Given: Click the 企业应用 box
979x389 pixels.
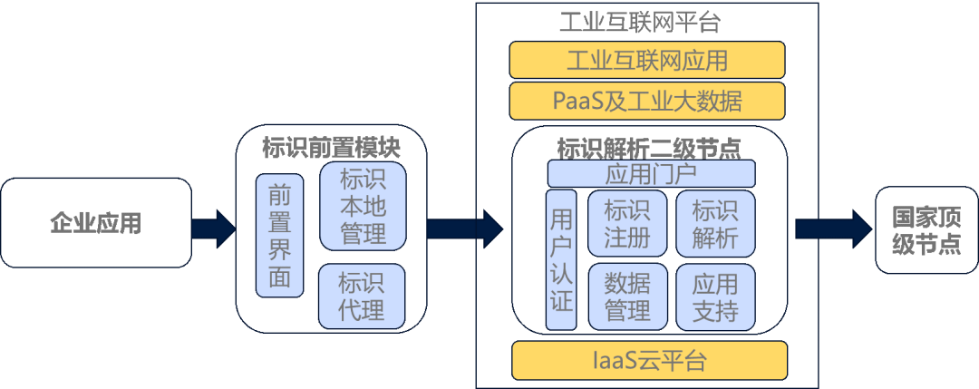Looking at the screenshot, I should (x=95, y=222).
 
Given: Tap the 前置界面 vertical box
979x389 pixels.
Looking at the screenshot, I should (x=279, y=235).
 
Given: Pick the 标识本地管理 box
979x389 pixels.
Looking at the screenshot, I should (x=363, y=206).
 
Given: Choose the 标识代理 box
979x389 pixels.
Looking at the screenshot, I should (x=362, y=296).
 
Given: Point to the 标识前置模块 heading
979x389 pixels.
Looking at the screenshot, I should (x=331, y=146).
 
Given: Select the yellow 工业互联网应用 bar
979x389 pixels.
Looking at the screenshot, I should (x=647, y=61).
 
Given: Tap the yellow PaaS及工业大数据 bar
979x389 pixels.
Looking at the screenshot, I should (x=647, y=101).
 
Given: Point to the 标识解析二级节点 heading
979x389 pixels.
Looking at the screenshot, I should (x=649, y=146).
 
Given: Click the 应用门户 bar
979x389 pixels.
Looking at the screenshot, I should (x=651, y=173).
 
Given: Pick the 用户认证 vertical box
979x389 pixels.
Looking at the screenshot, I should (x=561, y=259).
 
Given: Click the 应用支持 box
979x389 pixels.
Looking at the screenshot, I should (x=715, y=297).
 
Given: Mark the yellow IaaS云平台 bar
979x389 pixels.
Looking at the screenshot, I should (x=648, y=360).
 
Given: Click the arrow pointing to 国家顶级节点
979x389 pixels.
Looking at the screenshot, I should (x=829, y=228).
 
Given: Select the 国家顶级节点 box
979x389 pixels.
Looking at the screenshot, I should (x=926, y=231).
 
